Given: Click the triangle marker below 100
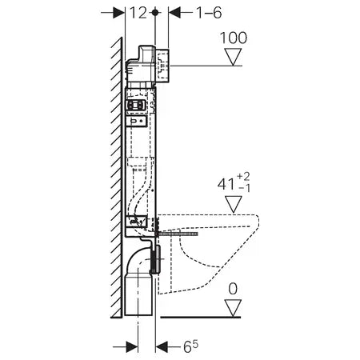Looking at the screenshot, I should [234, 58].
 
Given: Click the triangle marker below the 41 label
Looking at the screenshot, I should [234, 205].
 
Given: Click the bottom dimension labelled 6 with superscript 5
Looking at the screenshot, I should [190, 347].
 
